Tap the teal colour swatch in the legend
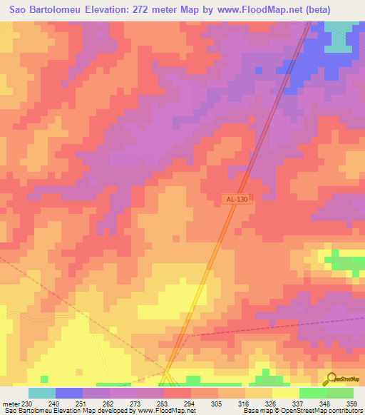42,393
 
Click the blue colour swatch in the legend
69,393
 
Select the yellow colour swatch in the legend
286,393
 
